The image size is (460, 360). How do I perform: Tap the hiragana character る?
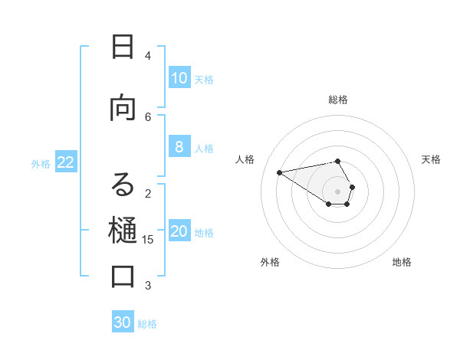(x=123, y=185)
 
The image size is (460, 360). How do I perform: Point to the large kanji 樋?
(x=123, y=229)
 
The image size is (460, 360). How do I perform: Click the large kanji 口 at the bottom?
(x=123, y=276)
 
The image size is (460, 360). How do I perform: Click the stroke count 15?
(x=148, y=240)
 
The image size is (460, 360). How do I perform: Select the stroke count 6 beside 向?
(x=148, y=116)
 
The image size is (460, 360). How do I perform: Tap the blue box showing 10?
(x=179, y=78)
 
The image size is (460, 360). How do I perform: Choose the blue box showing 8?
(x=179, y=148)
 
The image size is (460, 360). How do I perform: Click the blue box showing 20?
(x=179, y=232)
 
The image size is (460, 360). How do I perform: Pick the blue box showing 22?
(x=66, y=162)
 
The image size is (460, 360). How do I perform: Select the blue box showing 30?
(x=123, y=322)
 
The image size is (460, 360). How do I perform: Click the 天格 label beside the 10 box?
(x=204, y=79)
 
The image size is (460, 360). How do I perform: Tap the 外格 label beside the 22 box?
(x=41, y=163)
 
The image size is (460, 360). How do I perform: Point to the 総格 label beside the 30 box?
(x=148, y=323)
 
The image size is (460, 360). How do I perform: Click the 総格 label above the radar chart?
(x=338, y=100)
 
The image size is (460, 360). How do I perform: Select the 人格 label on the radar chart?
(x=245, y=159)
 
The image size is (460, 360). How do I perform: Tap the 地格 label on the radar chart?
(x=402, y=262)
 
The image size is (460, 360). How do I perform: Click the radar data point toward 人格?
(x=279, y=172)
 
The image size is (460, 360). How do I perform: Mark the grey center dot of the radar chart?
(x=338, y=191)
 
